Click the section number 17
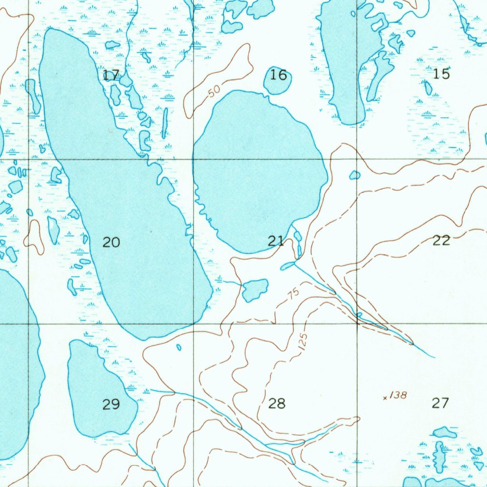pyautogui.click(x=111, y=75)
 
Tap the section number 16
pyautogui.click(x=279, y=75)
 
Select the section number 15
pyautogui.click(x=441, y=74)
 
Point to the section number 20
pyautogui.click(x=111, y=243)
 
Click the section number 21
pyautogui.click(x=276, y=241)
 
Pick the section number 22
pyautogui.click(x=441, y=240)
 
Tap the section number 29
pyautogui.click(x=111, y=405)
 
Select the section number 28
pyautogui.click(x=277, y=404)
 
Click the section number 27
pyautogui.click(x=440, y=403)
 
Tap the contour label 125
pyautogui.click(x=303, y=342)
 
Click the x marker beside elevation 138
pyautogui.click(x=385, y=398)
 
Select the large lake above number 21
pyautogui.click(x=259, y=171)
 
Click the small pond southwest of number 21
pyautogui.click(x=254, y=289)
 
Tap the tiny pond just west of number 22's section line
pyautogui.click(x=355, y=175)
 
